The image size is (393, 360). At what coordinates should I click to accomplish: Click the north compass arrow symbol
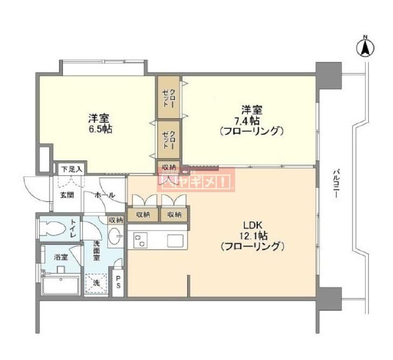[365, 47]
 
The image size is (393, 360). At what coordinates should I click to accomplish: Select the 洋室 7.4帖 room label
[252, 124]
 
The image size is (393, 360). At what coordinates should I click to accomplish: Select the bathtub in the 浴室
[60, 284]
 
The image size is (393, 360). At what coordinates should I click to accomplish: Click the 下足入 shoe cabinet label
[70, 168]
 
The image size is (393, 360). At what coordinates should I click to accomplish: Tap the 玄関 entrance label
[67, 195]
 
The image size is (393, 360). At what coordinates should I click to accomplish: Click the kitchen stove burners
[140, 240]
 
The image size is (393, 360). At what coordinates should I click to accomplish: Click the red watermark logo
[196, 179]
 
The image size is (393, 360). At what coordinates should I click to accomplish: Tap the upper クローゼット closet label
[169, 98]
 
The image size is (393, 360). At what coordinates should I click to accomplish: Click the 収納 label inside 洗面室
[115, 220]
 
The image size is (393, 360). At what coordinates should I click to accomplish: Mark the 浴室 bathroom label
[60, 257]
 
